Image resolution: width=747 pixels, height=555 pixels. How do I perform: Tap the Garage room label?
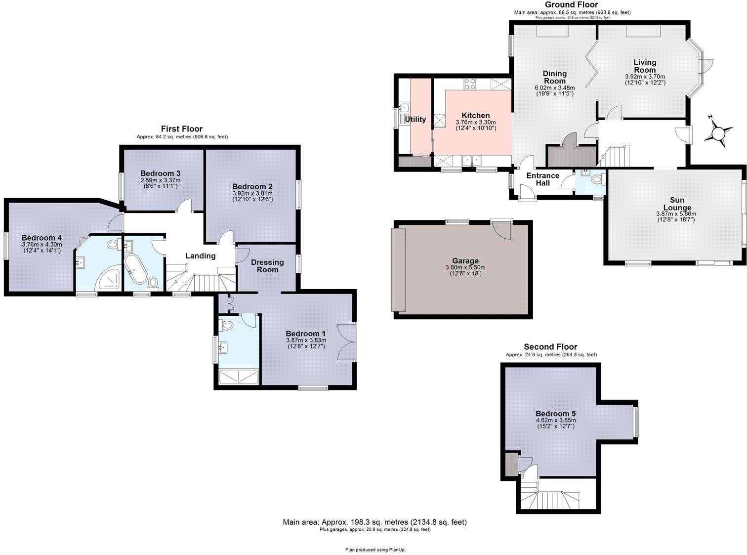[465, 261]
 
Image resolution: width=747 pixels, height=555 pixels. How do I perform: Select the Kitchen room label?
[475, 116]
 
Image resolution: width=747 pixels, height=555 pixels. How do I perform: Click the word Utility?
[415, 120]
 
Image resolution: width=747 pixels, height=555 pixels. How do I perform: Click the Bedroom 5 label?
[555, 414]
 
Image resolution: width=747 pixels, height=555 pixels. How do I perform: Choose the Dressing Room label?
[267, 266]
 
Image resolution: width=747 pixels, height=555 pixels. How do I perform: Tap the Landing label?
[200, 256]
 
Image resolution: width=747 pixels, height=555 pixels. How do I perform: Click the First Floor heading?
[182, 129]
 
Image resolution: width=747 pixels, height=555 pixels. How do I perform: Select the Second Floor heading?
[550, 347]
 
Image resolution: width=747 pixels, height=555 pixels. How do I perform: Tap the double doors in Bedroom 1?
[347, 342]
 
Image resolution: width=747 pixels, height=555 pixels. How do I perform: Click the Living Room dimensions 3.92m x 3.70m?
[645, 77]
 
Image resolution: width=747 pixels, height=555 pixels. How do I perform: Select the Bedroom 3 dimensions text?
[160, 181]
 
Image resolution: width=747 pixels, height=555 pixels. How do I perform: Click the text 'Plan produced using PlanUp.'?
[375, 550]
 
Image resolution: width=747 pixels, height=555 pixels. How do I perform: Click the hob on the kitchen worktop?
[470, 85]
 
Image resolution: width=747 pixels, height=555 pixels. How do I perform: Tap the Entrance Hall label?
[542, 179]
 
